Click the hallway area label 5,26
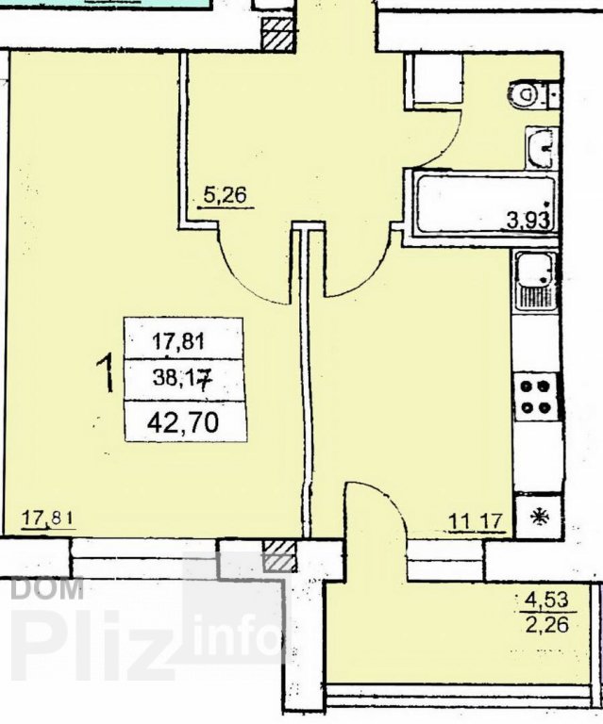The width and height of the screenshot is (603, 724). point(225,197)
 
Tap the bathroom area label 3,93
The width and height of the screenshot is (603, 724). point(528,220)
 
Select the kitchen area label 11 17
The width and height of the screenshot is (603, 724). point(475,521)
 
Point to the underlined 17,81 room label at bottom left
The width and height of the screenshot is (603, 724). point(48,518)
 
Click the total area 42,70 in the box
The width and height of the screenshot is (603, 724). point(182,422)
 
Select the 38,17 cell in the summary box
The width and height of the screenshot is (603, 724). point(182,380)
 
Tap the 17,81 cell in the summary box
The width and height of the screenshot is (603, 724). point(178,341)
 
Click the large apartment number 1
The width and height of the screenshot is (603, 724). point(106,372)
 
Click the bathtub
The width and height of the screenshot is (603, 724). point(485,203)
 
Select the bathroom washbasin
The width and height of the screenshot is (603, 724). point(540,148)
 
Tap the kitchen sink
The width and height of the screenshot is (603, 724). point(535,281)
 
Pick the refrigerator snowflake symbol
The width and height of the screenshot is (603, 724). point(538,517)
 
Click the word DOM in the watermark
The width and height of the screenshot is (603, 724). point(46,588)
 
